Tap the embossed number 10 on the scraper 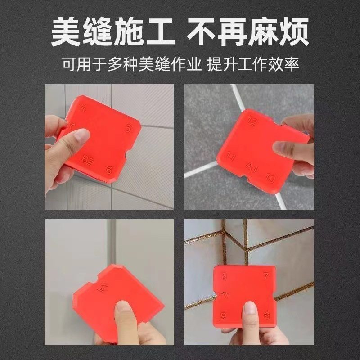coord(270,179)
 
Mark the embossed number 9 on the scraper coord(224,315)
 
